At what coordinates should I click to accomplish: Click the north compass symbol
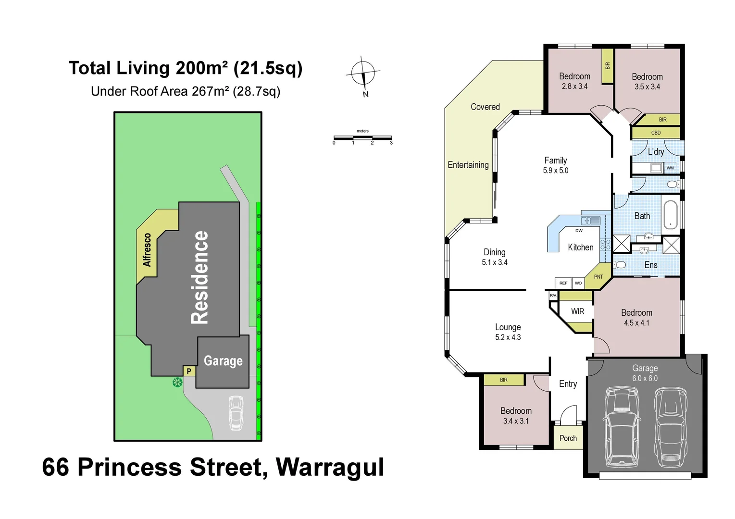pos(363,74)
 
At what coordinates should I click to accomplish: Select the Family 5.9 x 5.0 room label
pos(555,165)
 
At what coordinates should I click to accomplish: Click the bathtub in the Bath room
pos(670,215)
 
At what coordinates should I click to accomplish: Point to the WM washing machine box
pos(670,168)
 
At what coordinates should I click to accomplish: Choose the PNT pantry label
pos(598,277)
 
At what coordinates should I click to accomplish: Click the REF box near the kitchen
pos(563,283)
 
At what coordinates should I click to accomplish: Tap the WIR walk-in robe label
pos(577,311)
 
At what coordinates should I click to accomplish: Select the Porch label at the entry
pos(568,438)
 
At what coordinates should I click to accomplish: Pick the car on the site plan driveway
pos(236,413)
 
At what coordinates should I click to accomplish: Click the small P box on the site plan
pos(189,371)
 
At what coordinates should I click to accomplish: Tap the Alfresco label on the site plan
pos(147,250)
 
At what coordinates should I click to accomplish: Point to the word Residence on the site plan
pos(200,277)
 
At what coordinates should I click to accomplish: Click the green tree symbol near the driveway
pos(177,383)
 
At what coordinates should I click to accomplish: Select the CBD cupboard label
pos(656,133)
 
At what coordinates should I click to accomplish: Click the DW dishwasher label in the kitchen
pos(579,231)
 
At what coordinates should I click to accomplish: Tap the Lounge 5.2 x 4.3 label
pos(508,332)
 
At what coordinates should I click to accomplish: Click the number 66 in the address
pos(57,467)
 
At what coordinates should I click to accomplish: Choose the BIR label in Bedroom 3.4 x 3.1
pos(503,380)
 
